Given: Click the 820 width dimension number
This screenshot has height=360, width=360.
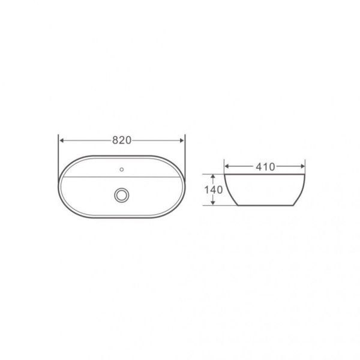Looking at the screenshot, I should coord(122,140).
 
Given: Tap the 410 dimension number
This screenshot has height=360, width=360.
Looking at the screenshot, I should coord(265,167).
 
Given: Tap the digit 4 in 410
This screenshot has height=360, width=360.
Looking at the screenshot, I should coord(257,167).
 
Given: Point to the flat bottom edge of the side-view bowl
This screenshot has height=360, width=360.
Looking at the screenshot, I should coord(265,205).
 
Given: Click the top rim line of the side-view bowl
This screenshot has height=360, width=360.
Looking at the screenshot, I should coord(265,175).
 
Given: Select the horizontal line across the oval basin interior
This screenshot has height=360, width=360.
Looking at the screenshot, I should coord(90,178).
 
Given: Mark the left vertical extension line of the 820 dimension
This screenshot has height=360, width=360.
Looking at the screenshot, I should coord(59,150).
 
